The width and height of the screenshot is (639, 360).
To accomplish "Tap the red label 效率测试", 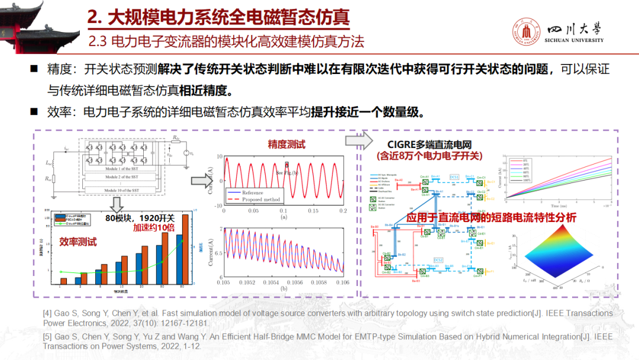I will click(78, 242).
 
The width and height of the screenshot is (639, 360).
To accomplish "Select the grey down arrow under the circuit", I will click(118, 204).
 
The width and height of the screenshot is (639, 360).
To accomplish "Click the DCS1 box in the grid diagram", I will click(454, 177).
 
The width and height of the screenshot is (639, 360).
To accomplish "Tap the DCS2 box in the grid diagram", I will click(438, 260).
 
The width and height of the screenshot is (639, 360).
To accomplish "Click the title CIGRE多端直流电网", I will click(430, 144).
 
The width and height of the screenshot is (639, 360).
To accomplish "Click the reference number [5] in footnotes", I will click(47, 335).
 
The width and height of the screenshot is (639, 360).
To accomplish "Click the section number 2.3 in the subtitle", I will click(98, 41).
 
